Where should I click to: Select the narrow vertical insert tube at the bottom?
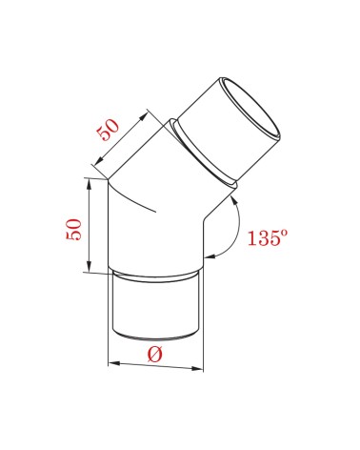tap(154, 307)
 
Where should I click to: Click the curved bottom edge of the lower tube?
tap(154, 337)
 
